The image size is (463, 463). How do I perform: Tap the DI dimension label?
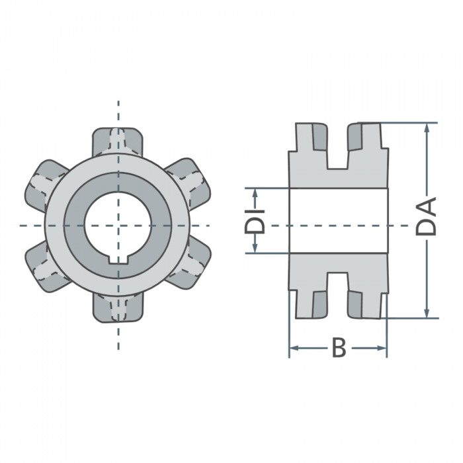[255, 221]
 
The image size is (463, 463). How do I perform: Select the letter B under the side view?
[339, 347]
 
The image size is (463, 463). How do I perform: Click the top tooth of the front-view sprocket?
[118, 140]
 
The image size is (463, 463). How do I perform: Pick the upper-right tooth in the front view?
[189, 180]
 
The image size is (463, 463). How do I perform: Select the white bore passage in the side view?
[338, 220]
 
